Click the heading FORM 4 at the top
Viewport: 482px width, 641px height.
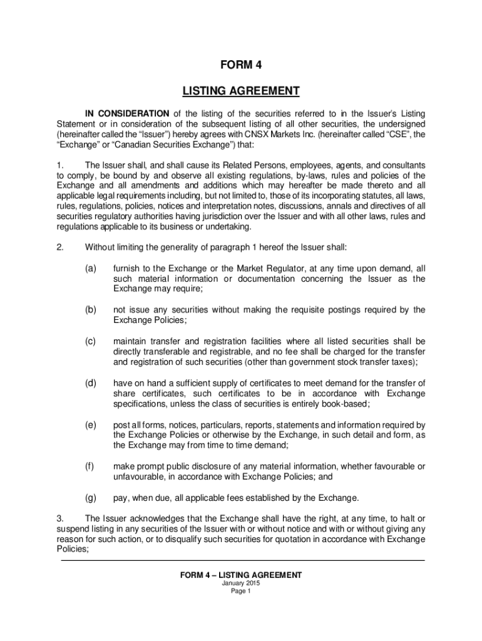click(x=241, y=66)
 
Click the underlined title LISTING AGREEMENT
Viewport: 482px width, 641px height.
click(x=241, y=92)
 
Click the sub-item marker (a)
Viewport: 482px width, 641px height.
click(x=91, y=268)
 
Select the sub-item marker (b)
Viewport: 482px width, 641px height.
click(x=91, y=309)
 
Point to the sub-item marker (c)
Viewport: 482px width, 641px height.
click(x=91, y=341)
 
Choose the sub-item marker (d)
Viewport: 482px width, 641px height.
click(x=91, y=382)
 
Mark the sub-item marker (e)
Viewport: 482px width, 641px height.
click(x=91, y=424)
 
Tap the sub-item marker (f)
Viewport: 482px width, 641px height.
click(x=91, y=466)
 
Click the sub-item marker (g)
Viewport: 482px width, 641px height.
click(x=91, y=498)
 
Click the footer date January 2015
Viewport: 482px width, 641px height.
click(x=241, y=583)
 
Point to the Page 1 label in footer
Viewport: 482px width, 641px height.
click(x=241, y=592)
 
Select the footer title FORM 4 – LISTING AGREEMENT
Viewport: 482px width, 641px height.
click(x=241, y=575)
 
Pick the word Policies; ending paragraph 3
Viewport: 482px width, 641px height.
click(x=73, y=549)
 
